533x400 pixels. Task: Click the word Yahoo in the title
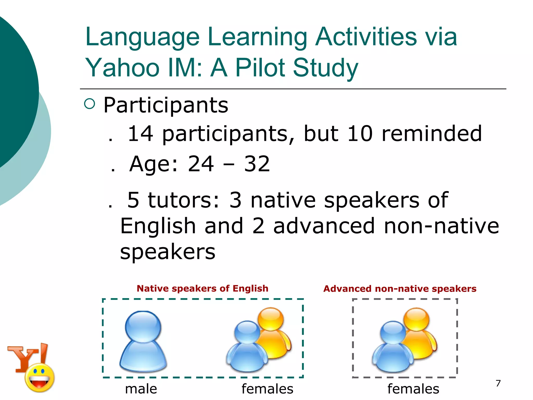coord(122,68)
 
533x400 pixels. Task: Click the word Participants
coord(166,105)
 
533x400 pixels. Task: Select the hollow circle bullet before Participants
coord(90,104)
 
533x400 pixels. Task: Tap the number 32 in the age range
coord(257,164)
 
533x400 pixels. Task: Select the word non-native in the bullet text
coord(441,226)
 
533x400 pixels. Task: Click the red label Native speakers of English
coord(202,289)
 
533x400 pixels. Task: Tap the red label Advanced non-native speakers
coord(400,289)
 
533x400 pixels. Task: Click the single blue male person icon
coord(143,341)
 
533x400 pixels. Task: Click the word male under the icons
coord(141,389)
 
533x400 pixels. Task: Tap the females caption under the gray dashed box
coord(413,389)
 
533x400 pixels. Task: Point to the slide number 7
coord(498,383)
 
